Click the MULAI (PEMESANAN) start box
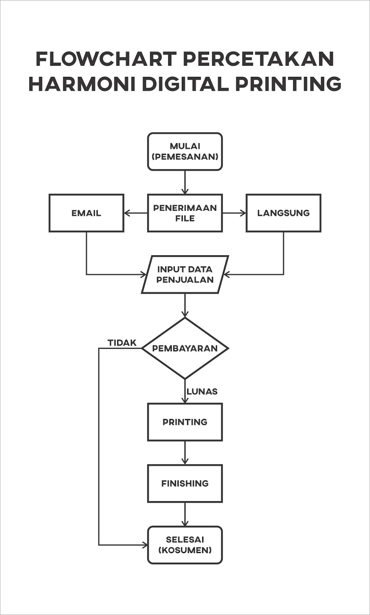[x=185, y=151]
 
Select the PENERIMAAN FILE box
[x=185, y=213]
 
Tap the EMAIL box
[x=86, y=213]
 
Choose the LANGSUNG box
[x=283, y=213]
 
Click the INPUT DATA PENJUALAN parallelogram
[x=185, y=274]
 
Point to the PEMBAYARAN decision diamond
[x=185, y=348]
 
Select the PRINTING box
[x=185, y=422]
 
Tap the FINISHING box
[x=185, y=484]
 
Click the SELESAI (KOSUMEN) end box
[x=185, y=545]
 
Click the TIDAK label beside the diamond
[x=122, y=343]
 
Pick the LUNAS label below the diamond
[x=202, y=392]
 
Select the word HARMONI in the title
[x=82, y=84]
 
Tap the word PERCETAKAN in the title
[x=258, y=59]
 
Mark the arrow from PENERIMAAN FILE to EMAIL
[x=136, y=213]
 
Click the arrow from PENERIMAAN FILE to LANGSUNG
[x=234, y=213]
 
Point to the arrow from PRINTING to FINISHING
[x=185, y=453]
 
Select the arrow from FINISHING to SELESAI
[x=185, y=514]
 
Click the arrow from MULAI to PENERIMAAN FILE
[x=185, y=182]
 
